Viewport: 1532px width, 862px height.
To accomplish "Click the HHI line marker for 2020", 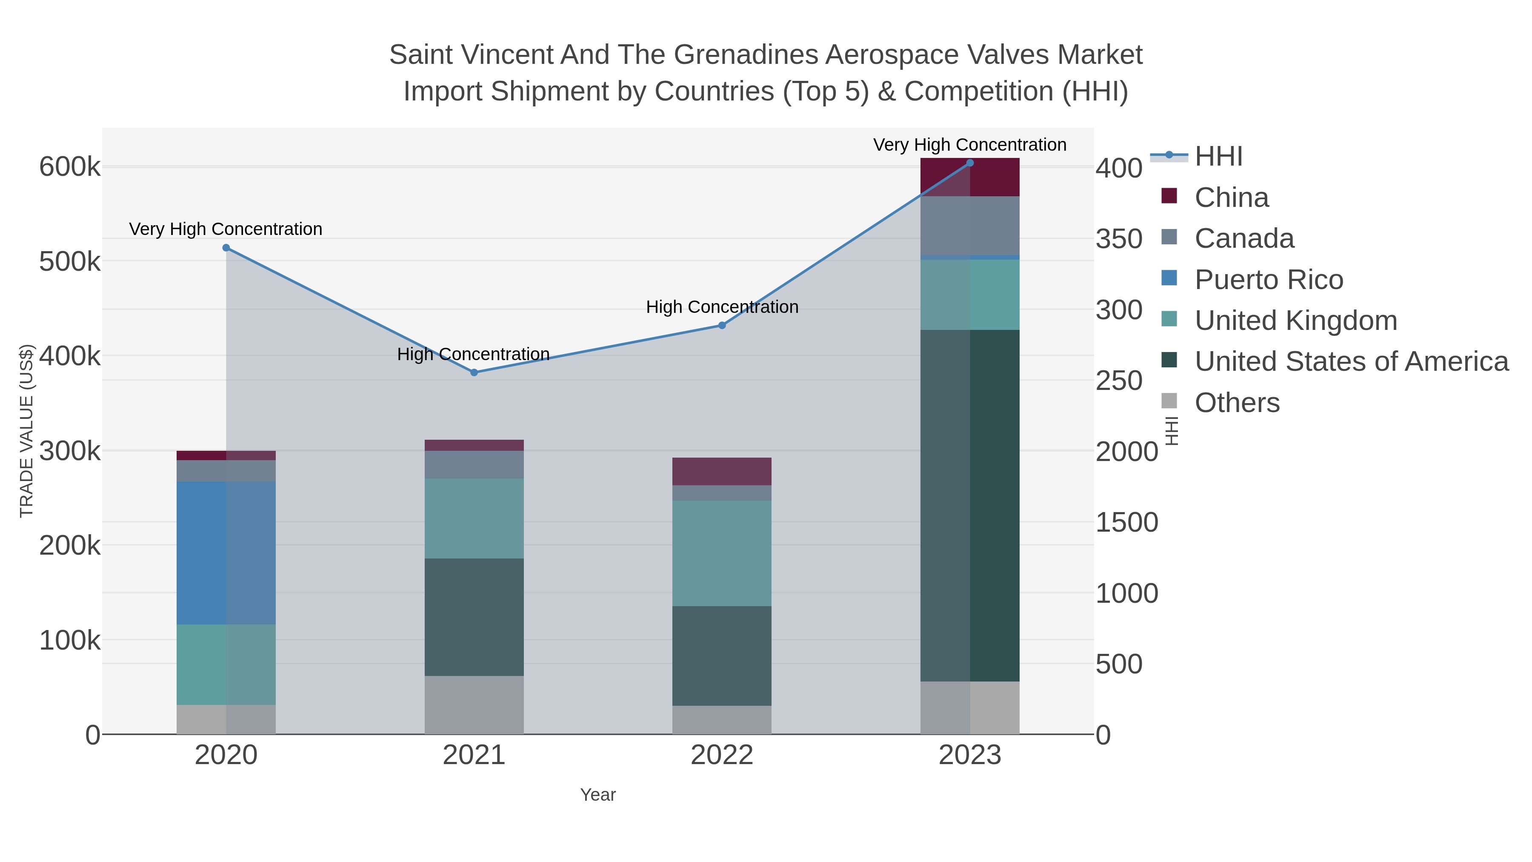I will [226, 247].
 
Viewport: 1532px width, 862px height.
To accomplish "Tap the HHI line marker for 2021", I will [474, 372].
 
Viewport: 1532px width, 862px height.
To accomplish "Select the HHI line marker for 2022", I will [722, 325].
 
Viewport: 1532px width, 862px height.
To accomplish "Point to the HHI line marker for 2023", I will [970, 163].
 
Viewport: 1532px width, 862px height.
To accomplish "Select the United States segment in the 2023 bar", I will [970, 506].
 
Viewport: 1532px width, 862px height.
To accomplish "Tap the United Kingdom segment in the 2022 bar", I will [722, 553].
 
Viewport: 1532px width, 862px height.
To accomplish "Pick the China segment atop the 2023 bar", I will [970, 177].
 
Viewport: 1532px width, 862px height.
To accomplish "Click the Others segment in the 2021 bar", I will [474, 705].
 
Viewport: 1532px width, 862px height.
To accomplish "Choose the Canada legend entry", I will [1244, 238].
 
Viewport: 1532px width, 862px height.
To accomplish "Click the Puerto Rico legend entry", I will [1269, 280].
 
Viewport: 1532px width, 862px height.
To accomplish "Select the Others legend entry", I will [1237, 403].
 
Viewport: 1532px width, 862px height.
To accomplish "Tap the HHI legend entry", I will [1218, 157].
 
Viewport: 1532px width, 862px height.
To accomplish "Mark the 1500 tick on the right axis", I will [1126, 523].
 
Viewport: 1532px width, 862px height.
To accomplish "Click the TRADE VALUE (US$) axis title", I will [27, 431].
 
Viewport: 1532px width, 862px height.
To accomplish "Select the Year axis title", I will [598, 795].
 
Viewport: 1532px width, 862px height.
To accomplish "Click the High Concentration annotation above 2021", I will [473, 355].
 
